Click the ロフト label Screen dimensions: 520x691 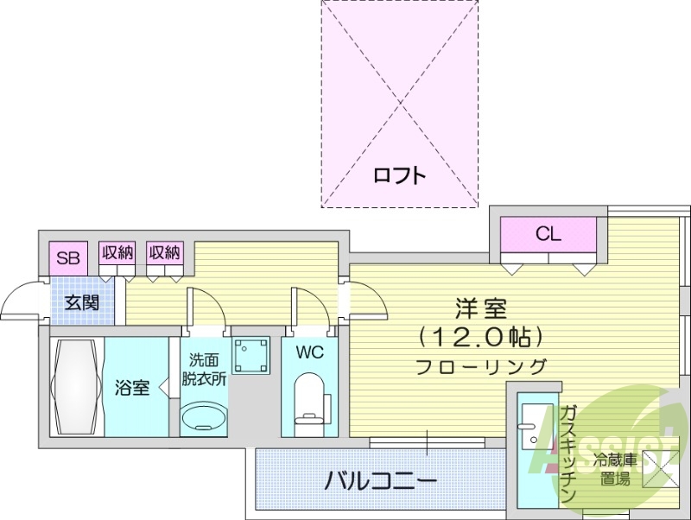point(399,175)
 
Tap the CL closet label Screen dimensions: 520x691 point(548,233)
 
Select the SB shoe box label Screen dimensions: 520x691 point(68,257)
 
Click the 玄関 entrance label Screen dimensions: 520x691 point(81,302)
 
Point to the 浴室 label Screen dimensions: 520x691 point(132,387)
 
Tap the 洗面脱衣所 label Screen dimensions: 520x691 point(204,369)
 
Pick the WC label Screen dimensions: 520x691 point(309,352)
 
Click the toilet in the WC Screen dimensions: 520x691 point(309,402)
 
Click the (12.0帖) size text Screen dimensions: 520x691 point(479,335)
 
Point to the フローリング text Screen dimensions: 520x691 point(481,365)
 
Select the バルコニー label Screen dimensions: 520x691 point(381,480)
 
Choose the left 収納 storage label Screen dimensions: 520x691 point(117,253)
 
